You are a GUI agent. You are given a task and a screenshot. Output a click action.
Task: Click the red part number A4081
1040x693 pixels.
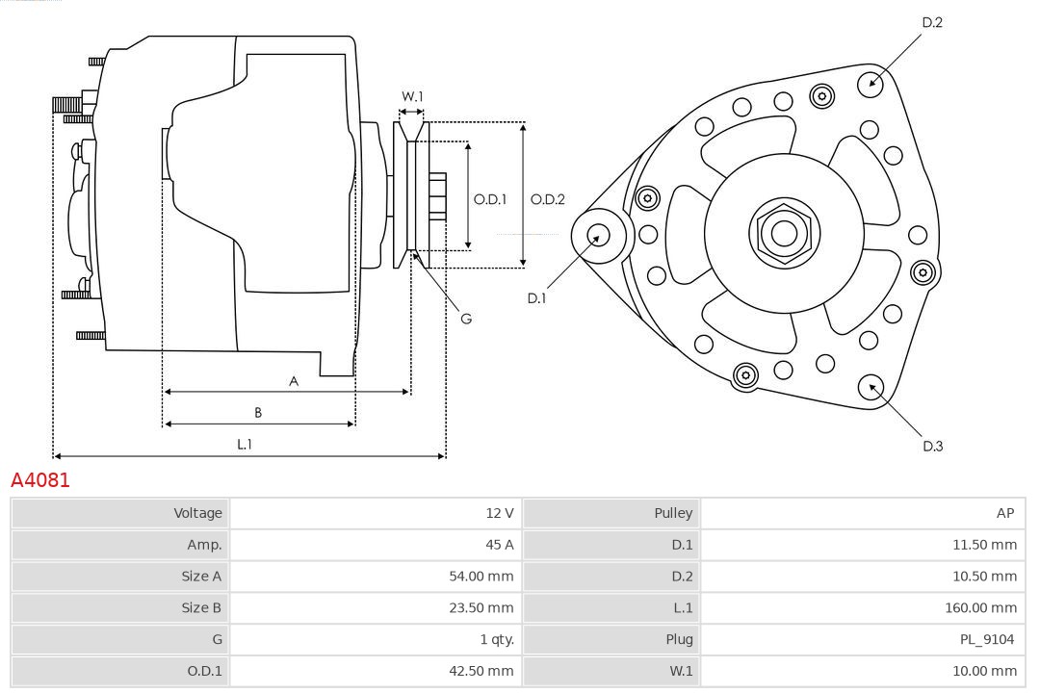(x=40, y=479)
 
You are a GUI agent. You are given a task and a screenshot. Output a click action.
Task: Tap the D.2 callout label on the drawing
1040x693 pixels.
(x=932, y=22)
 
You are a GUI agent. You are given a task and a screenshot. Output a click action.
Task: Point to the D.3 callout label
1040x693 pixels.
(x=932, y=446)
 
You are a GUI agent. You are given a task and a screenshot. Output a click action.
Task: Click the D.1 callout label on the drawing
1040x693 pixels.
(x=536, y=298)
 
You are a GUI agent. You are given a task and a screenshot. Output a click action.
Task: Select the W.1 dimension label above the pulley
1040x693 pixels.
(x=412, y=96)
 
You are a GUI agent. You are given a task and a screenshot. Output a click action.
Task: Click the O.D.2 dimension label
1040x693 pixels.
(x=548, y=199)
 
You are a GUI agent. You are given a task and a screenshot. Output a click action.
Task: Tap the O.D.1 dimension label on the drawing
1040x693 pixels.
(x=490, y=199)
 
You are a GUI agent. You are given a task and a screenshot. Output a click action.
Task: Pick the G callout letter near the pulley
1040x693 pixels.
(x=466, y=318)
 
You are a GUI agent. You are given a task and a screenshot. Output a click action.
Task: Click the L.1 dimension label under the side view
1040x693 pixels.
(x=246, y=444)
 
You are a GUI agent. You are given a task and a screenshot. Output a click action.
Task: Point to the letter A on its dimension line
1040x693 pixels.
(x=294, y=381)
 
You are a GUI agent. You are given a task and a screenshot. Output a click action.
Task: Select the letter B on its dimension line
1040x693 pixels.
(x=258, y=413)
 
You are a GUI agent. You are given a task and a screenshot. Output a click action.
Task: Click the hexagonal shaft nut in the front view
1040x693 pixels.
(x=784, y=232)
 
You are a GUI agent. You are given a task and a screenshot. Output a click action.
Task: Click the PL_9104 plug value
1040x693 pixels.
(x=988, y=639)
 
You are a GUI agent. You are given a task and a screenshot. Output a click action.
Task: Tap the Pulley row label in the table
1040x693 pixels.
(x=673, y=513)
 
